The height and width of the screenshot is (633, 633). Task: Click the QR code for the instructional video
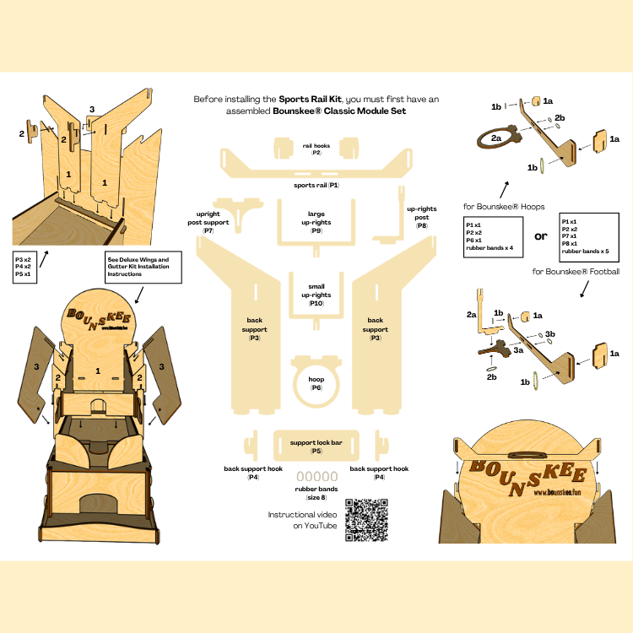coord(367,521)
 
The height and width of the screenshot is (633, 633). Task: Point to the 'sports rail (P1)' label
coord(316,184)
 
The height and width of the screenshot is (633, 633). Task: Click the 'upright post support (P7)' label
coord(208,222)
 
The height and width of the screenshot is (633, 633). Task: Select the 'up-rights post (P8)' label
coord(421,217)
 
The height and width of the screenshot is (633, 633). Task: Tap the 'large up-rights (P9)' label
coord(316,222)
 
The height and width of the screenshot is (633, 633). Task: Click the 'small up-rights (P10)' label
coord(316,295)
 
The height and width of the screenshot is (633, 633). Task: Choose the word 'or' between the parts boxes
coord(539,235)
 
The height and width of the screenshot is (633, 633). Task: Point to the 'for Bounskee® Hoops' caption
coord(505,206)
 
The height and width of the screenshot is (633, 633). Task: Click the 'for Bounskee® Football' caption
coord(576,272)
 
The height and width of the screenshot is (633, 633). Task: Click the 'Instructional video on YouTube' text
coord(302,520)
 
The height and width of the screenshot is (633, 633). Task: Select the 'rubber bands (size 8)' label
coord(316,493)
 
